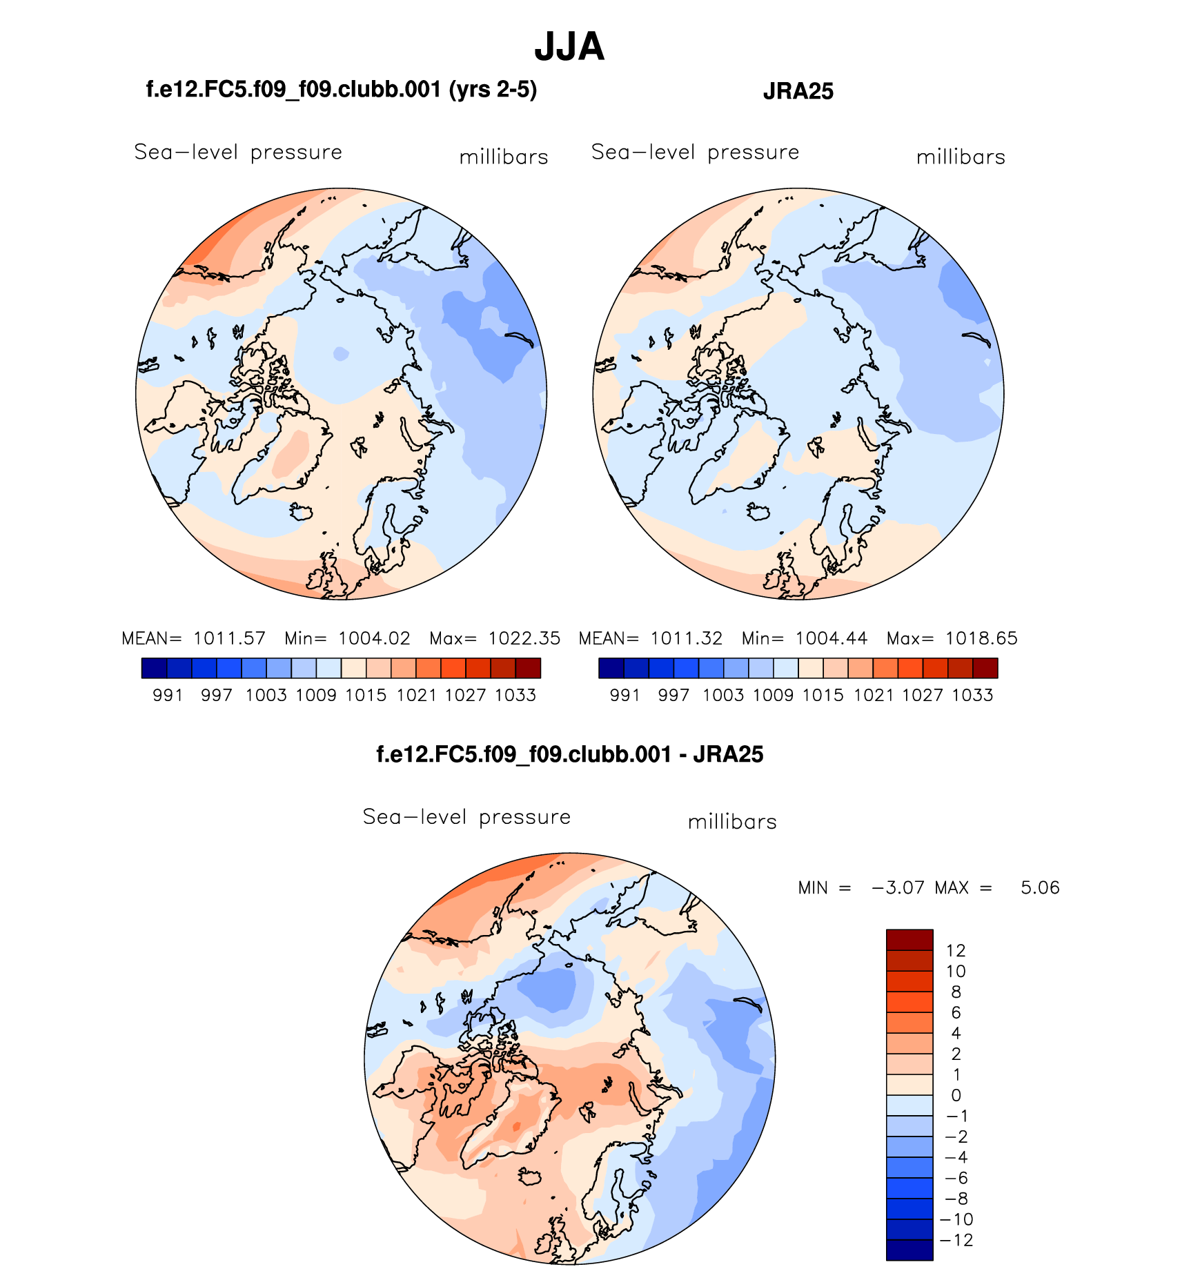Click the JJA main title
(569, 47)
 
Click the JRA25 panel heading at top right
(798, 92)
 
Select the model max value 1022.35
(524, 638)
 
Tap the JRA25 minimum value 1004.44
(831, 638)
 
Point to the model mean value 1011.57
(229, 638)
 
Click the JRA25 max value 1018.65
(981, 638)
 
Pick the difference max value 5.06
(1040, 887)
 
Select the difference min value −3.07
(898, 887)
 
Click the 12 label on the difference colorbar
(956, 951)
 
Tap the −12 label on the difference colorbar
(957, 1240)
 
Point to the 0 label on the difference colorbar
(956, 1095)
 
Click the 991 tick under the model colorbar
(168, 696)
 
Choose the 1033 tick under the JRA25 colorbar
(972, 696)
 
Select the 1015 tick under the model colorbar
(366, 696)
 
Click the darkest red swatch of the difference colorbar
(909, 940)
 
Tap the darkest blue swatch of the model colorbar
(154, 668)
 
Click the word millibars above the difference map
(732, 822)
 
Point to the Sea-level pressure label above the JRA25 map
(695, 152)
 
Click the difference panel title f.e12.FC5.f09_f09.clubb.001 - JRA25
(569, 754)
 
